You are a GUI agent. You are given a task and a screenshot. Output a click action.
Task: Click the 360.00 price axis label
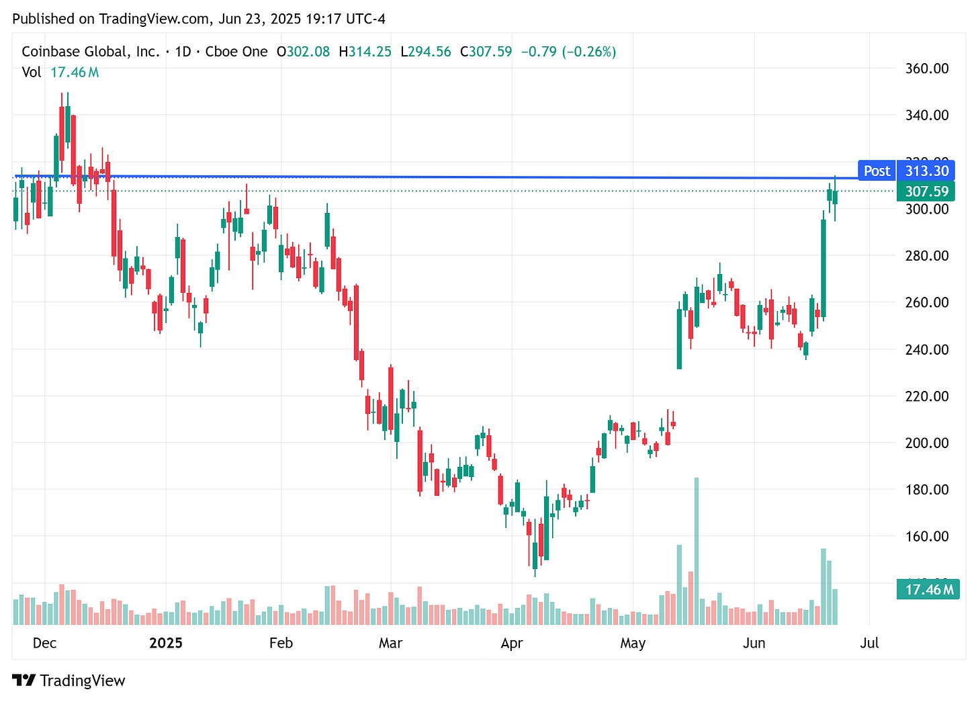(x=926, y=69)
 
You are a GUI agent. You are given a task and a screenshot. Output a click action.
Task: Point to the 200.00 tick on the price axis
(x=926, y=443)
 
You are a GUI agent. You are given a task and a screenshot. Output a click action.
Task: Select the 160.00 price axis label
(x=926, y=536)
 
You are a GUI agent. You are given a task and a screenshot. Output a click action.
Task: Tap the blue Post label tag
(x=877, y=171)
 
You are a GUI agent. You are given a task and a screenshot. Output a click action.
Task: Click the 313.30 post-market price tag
(x=926, y=171)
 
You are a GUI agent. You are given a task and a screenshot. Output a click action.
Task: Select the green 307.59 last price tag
(x=926, y=191)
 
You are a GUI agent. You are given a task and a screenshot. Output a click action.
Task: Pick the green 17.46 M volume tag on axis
(x=928, y=590)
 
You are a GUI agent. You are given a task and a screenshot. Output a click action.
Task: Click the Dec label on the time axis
(x=44, y=643)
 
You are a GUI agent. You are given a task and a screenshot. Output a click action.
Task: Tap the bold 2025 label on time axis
(x=166, y=643)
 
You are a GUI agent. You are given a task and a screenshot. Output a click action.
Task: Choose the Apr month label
(x=511, y=643)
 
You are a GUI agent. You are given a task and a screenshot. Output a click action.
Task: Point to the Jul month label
(x=869, y=643)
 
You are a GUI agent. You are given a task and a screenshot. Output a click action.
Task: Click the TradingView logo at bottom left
(x=69, y=681)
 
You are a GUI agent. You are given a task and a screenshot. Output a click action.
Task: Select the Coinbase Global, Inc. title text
(x=91, y=52)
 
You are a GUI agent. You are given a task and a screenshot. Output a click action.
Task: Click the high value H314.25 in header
(x=365, y=52)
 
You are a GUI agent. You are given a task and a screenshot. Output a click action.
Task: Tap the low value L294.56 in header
(x=425, y=52)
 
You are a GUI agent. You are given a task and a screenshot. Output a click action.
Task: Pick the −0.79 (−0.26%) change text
(x=568, y=52)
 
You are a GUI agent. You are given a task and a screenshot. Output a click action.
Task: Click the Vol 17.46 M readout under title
(x=60, y=72)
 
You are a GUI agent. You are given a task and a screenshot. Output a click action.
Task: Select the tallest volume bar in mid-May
(x=697, y=551)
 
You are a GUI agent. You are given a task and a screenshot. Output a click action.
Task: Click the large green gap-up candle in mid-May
(x=679, y=339)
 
